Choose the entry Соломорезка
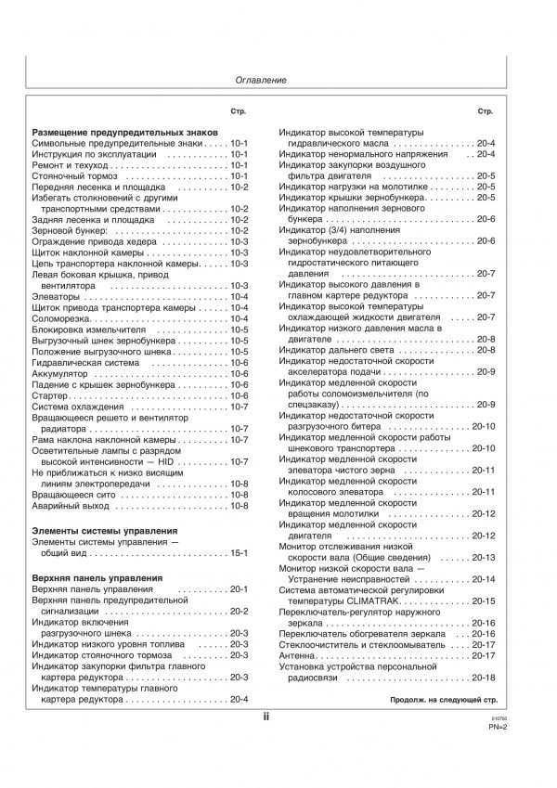pos(64,318)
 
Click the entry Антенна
pos(297,655)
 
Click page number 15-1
pos(240,553)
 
